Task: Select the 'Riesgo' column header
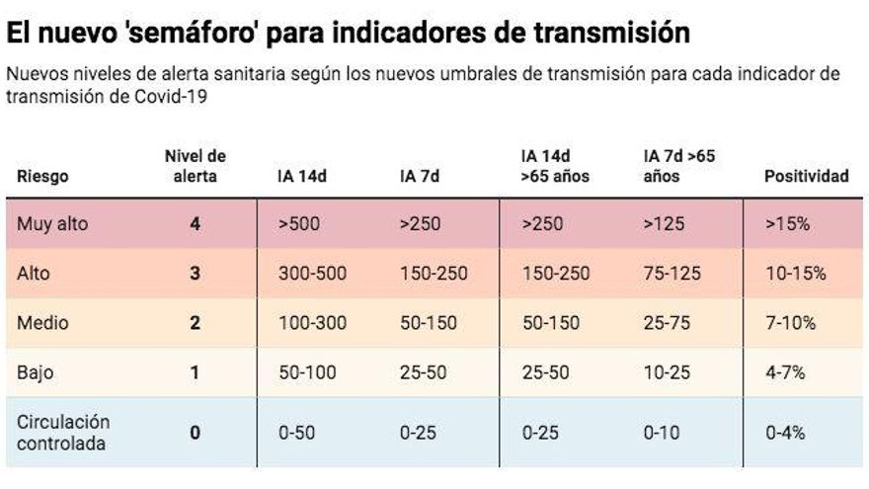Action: (x=41, y=177)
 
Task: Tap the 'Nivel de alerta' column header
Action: (x=195, y=166)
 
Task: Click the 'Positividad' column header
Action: (x=806, y=177)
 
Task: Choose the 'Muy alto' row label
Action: (x=52, y=224)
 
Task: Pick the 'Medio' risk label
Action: (x=40, y=323)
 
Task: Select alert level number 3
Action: (x=195, y=274)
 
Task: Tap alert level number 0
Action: (x=195, y=433)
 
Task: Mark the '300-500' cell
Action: (x=312, y=274)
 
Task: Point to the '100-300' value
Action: (x=312, y=323)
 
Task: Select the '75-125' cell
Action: (x=671, y=274)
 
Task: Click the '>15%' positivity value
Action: (x=787, y=224)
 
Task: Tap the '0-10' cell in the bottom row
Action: (x=662, y=433)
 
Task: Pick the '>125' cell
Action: (x=664, y=224)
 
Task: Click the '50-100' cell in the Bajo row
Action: (x=307, y=372)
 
